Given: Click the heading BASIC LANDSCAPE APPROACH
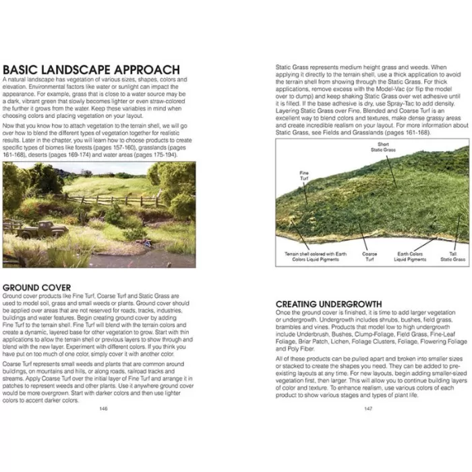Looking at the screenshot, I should (x=91, y=70).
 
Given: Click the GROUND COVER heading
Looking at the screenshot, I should (x=36, y=287).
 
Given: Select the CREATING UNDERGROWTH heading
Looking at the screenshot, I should (x=328, y=304).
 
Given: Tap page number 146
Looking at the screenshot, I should (x=102, y=409).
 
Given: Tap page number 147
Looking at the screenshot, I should (x=368, y=409).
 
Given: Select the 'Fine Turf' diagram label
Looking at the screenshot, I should (x=303, y=174).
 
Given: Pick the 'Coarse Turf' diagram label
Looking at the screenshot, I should (x=370, y=257).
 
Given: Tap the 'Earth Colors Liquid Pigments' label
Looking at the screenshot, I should (x=409, y=257).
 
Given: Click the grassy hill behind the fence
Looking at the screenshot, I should (x=108, y=182).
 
